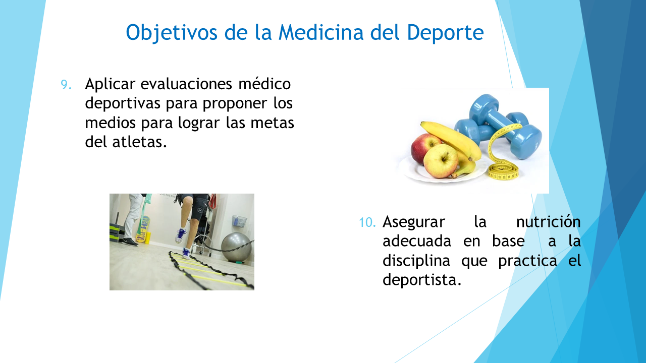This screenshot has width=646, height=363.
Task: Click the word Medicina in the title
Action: point(320,32)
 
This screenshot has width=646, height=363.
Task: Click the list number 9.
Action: point(66,85)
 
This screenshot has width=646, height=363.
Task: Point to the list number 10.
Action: point(367,222)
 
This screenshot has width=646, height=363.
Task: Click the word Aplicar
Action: point(110,84)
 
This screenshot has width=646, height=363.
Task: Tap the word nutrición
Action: point(548,222)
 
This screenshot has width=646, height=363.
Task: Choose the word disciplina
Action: point(416,261)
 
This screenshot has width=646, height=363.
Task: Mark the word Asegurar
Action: point(413,222)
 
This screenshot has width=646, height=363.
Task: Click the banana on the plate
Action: point(453,141)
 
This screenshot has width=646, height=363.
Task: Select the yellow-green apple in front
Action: point(441,161)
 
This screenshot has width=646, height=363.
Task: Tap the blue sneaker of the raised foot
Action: point(180,235)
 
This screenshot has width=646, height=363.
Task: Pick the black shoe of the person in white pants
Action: point(129,241)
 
